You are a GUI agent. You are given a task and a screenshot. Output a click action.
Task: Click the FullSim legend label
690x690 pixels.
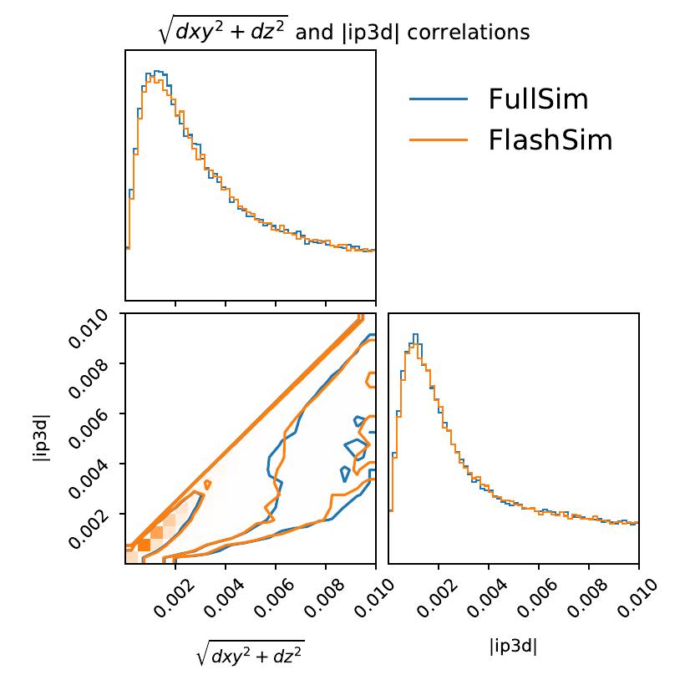click(538, 100)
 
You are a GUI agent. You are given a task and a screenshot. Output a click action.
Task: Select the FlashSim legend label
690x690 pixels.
click(550, 140)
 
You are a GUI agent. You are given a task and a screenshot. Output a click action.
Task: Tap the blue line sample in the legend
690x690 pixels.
click(438, 100)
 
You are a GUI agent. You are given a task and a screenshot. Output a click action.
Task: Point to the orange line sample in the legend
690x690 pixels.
click(438, 140)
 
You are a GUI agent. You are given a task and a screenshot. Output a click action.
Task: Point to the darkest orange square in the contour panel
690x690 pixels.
click(144, 545)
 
